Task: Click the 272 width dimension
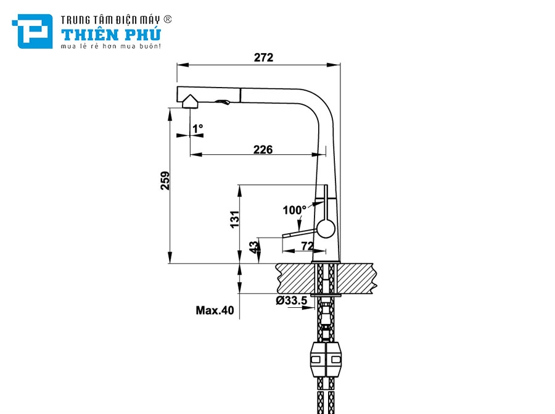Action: pyautogui.click(x=264, y=57)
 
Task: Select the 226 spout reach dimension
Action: pyautogui.click(x=263, y=149)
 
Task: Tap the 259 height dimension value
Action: pyautogui.click(x=165, y=181)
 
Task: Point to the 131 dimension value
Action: pyautogui.click(x=235, y=220)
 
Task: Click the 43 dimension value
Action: pyautogui.click(x=254, y=247)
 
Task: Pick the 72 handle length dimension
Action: pyautogui.click(x=307, y=246)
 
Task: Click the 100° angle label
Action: pyautogui.click(x=294, y=210)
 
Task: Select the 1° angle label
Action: pyautogui.click(x=197, y=128)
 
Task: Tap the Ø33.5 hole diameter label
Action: pyautogui.click(x=292, y=300)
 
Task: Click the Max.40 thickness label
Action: pyautogui.click(x=215, y=310)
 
